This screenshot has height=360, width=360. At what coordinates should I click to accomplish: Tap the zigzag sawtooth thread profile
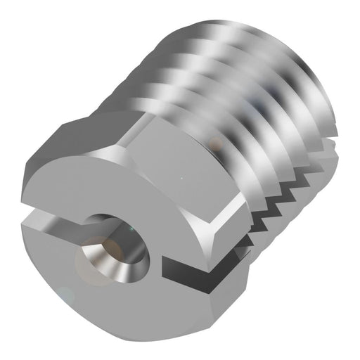281,197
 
